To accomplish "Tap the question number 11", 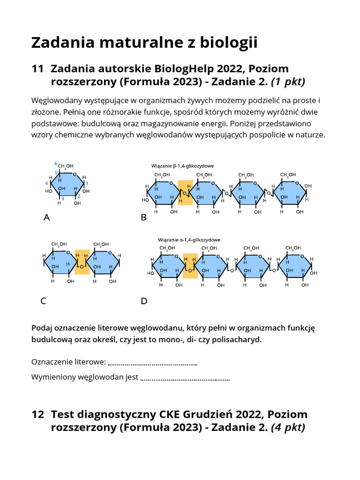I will pos(37,69).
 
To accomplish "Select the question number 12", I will pos(37,414).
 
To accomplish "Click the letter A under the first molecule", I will pos(46,217).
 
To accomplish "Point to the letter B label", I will pos(144,217).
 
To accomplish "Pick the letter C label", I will pos(43,301).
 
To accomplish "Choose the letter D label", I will pos(144,301).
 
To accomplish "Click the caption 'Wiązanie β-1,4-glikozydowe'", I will pos(182,166).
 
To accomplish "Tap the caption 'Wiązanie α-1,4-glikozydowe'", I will pos(189,240).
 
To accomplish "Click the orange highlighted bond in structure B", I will pos(185,193).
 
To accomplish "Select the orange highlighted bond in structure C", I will pos(82,262).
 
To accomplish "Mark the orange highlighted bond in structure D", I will pos(190,266).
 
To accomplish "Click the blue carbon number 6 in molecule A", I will pos(56,164).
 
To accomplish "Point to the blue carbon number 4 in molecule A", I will pos(46,183).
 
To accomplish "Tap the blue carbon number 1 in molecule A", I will pos(87,183).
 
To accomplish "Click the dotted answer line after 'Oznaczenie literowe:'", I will pos(152,362).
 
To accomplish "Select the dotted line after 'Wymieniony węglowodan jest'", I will pos(185,377).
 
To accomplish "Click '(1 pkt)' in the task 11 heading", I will pos(288,82).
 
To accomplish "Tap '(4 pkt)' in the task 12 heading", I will pos(288,427).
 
